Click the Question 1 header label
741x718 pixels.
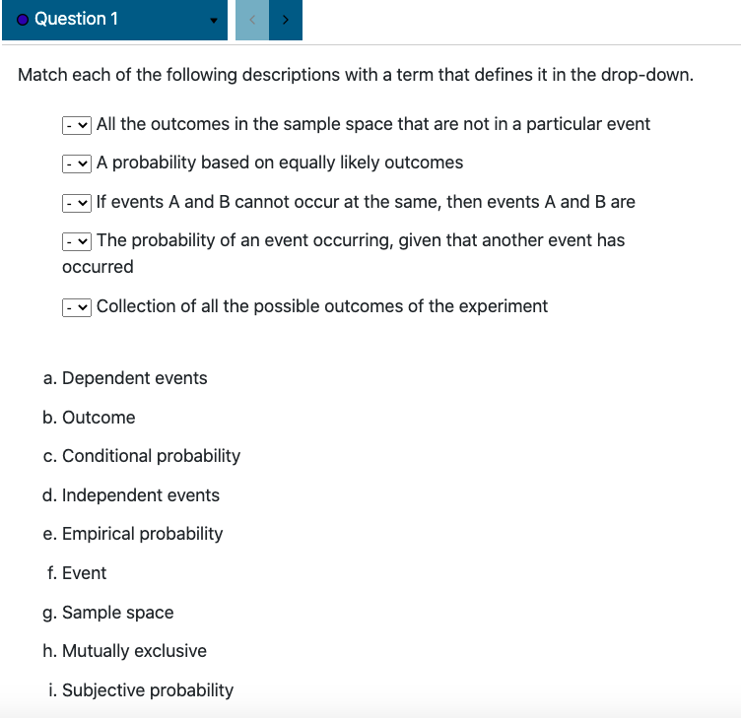pyautogui.click(x=76, y=20)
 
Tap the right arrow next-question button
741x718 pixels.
pyautogui.click(x=286, y=20)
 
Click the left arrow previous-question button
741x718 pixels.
pyautogui.click(x=251, y=20)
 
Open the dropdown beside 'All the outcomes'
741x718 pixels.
pyautogui.click(x=77, y=125)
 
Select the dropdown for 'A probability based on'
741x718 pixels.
pyautogui.click(x=77, y=163)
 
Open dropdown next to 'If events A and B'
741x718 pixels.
pyautogui.click(x=77, y=203)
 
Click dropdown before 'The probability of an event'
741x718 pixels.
pyautogui.click(x=77, y=241)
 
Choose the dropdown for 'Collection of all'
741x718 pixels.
pyautogui.click(x=77, y=307)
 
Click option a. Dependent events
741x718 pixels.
pyautogui.click(x=125, y=378)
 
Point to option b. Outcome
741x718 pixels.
pyautogui.click(x=89, y=418)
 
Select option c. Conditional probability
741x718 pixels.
pyautogui.click(x=141, y=456)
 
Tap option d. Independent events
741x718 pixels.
pyautogui.click(x=131, y=495)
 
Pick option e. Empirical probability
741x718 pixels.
pyautogui.click(x=133, y=534)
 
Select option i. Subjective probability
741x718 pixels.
pyautogui.click(x=141, y=690)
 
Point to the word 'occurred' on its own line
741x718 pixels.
pyautogui.click(x=98, y=267)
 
